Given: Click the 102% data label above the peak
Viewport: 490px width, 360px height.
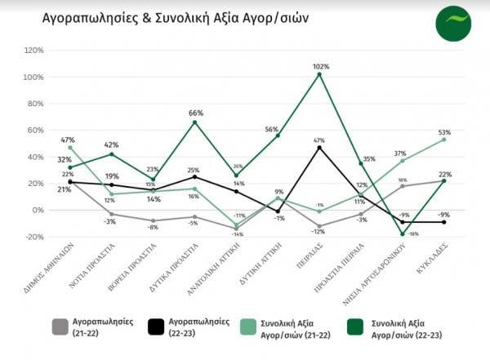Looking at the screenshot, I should [x=320, y=66].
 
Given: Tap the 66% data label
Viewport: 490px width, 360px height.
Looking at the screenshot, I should [x=195, y=113].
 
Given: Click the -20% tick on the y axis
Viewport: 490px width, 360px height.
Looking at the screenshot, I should [x=34, y=237].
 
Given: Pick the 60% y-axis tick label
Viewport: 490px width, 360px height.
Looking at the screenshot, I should [x=34, y=131].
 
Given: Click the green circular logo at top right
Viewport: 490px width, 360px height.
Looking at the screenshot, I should [x=453, y=23].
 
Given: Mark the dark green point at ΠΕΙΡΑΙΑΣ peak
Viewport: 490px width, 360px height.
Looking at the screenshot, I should [x=320, y=74].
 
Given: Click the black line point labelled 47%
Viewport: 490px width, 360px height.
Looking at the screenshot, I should [x=320, y=148].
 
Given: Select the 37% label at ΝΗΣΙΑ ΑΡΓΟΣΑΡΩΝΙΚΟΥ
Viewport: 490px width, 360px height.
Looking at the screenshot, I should [x=400, y=153].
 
